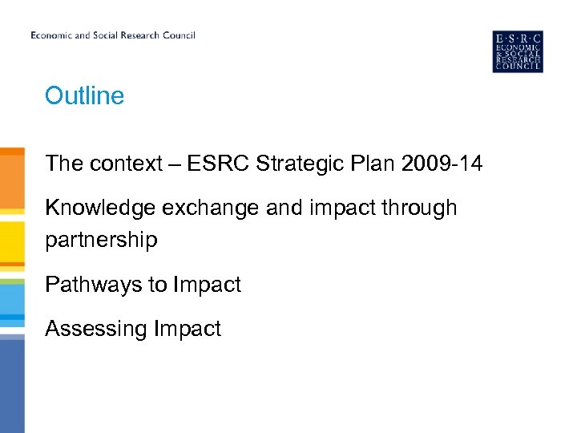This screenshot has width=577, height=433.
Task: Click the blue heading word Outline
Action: [85, 96]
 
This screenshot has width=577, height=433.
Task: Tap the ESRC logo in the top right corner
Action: [518, 51]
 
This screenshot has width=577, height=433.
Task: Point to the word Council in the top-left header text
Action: [177, 35]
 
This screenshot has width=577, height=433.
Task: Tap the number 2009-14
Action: [442, 164]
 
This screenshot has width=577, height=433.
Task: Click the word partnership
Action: [101, 241]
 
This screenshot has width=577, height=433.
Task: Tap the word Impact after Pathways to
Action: [208, 285]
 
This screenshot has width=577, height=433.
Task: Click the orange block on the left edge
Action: [12, 180]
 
